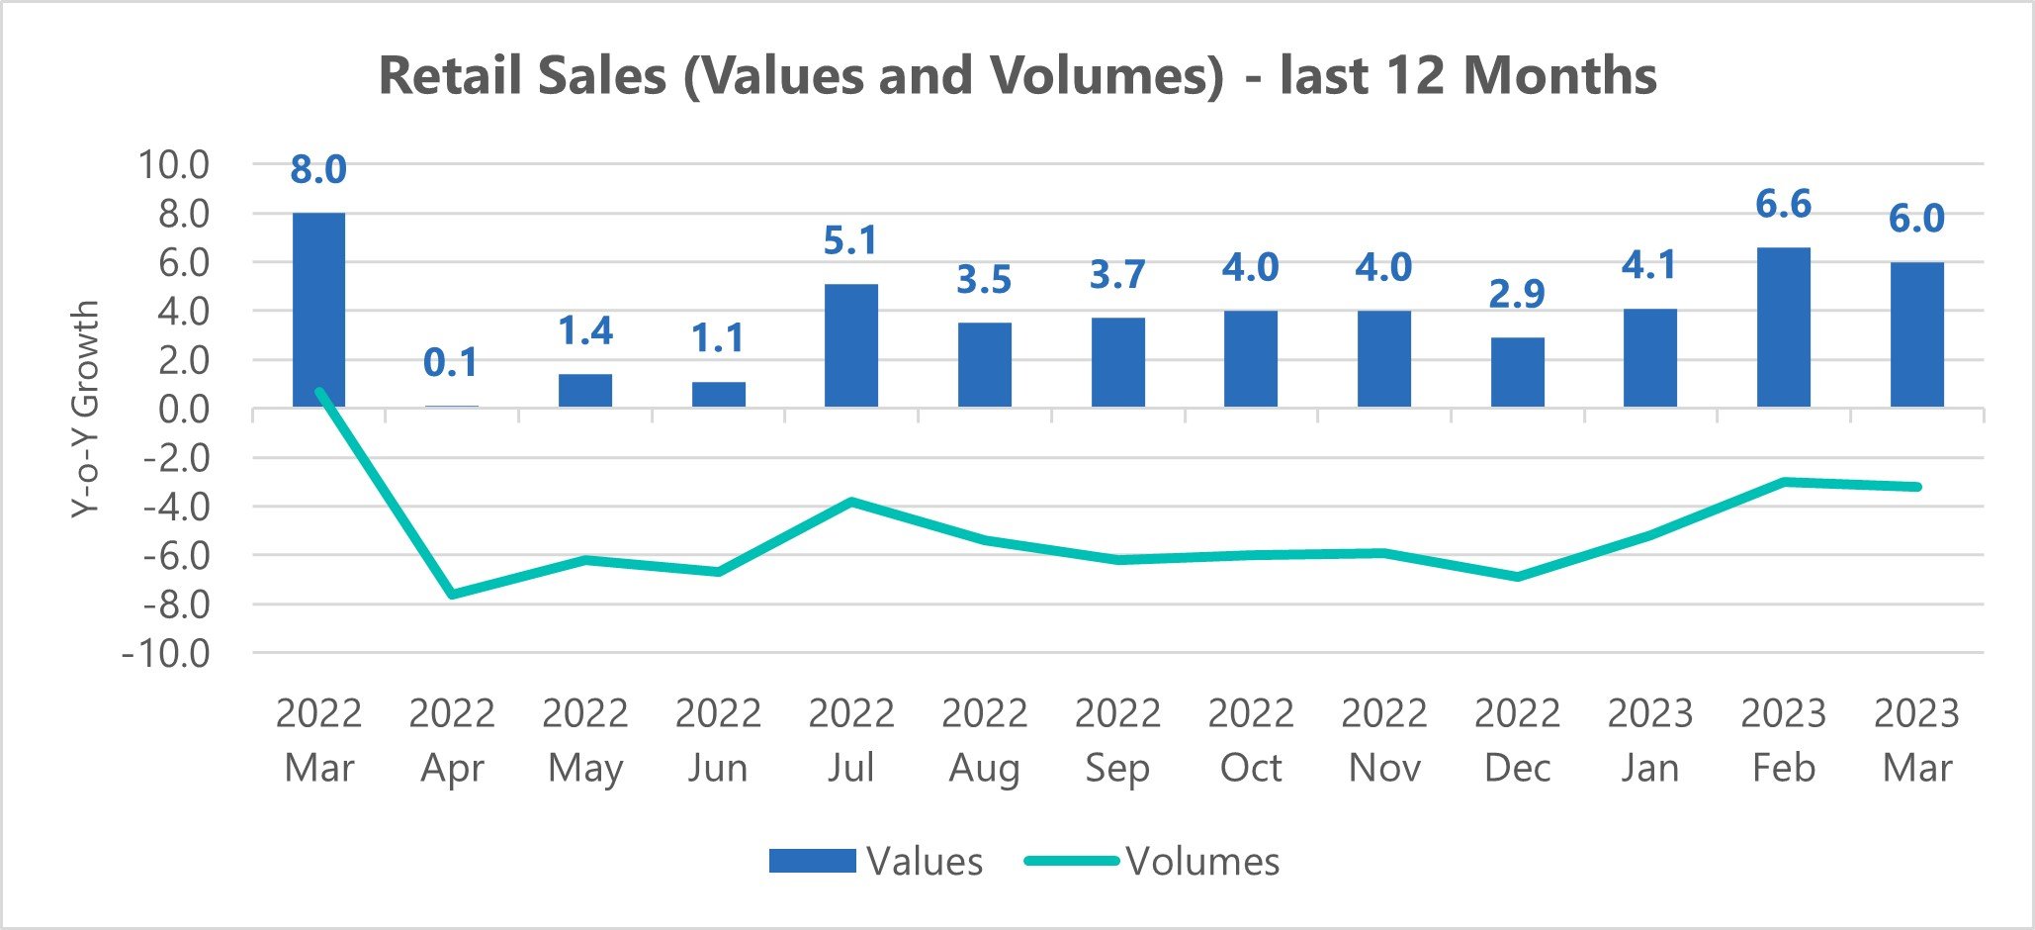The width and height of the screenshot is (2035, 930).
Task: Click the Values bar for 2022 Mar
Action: (x=318, y=309)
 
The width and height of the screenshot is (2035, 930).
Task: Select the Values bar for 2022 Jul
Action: (x=850, y=345)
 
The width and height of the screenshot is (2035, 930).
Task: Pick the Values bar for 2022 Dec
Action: (x=1517, y=372)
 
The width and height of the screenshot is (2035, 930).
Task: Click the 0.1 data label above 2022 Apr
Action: (x=451, y=363)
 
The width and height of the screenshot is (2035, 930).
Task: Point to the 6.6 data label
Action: (x=1783, y=205)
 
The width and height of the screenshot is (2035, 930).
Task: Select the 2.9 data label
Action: (x=1517, y=294)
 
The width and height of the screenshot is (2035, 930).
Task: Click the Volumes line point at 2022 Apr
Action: (x=452, y=595)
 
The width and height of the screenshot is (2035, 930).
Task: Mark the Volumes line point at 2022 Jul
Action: (x=851, y=502)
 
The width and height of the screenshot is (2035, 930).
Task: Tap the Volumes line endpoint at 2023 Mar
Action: (x=1916, y=487)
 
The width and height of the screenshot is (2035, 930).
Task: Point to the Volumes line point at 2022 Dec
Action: (x=1517, y=577)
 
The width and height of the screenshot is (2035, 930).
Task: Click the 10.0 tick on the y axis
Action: (x=174, y=165)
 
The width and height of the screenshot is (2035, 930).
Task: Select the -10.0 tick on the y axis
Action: (x=166, y=654)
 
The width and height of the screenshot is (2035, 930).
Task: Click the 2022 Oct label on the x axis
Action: (x=1251, y=740)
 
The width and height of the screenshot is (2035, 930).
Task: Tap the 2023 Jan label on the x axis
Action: (x=1650, y=740)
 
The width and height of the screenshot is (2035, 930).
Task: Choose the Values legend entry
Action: (x=876, y=862)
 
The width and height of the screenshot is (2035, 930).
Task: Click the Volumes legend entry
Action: (x=1153, y=862)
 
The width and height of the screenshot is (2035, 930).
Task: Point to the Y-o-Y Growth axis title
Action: (x=86, y=409)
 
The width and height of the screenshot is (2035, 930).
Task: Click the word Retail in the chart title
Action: (x=451, y=76)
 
